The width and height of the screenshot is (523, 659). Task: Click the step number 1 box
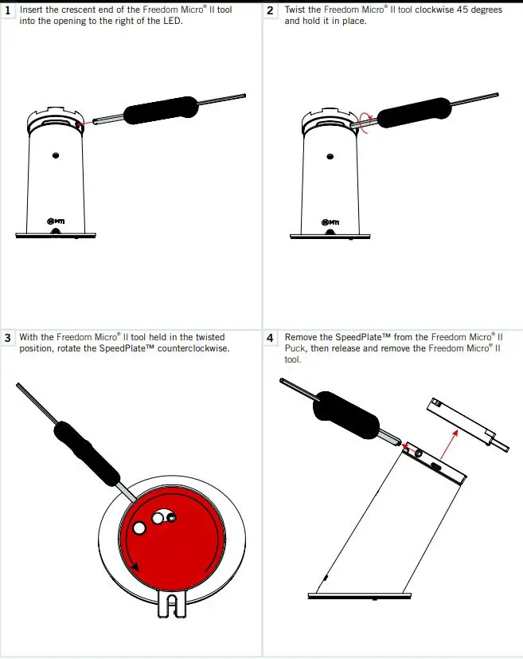click(x=8, y=10)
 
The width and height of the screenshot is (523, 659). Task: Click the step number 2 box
click(x=271, y=10)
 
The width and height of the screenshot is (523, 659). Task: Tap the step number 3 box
click(x=8, y=338)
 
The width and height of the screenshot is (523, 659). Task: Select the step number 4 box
click(x=271, y=338)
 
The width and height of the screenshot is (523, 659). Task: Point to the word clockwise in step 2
click(x=436, y=10)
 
